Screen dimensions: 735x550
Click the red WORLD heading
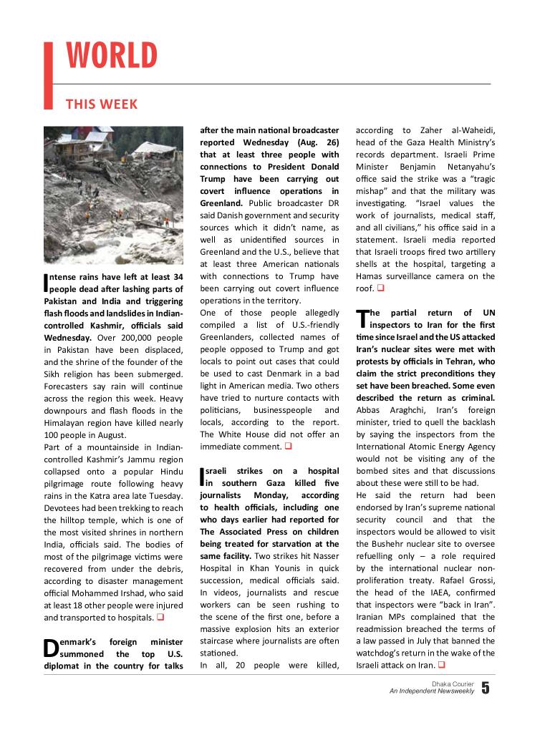112,56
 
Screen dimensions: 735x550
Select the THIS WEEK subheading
102,104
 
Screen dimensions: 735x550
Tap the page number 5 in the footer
486,688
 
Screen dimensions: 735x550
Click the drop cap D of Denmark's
50,648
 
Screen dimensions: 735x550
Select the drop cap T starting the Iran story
361,318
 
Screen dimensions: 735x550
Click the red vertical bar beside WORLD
49,76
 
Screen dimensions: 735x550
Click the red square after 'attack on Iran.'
442,666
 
